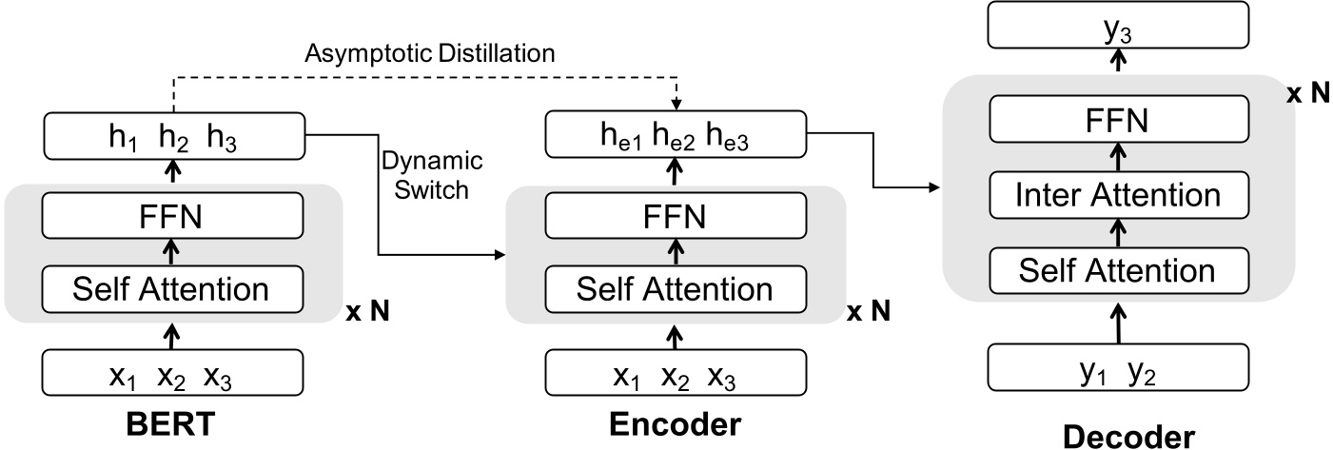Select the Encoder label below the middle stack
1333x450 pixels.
676,425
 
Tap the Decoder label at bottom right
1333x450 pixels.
1128,437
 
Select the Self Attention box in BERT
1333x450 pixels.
171,285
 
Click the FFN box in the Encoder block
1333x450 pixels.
676,219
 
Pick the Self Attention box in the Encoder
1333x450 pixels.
676,286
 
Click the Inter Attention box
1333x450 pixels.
1119,195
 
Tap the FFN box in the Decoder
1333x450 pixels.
1119,120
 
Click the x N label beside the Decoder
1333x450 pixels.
1307,95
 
